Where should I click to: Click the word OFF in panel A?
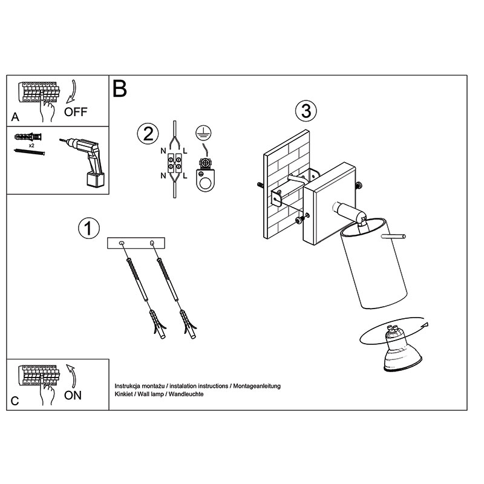coord(76,112)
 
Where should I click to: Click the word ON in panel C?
coord(73,396)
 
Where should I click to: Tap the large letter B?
coord(120,88)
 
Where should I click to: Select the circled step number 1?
coord(89,229)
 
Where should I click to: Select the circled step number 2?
coord(148,134)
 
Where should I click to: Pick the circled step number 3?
coord(306,111)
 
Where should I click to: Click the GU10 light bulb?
coord(401,349)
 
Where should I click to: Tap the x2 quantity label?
coord(31,145)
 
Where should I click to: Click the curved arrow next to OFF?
coord(71,91)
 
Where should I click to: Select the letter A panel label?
coord(15,117)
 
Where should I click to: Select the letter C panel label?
coord(15,401)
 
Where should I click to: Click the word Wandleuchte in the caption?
coord(186,394)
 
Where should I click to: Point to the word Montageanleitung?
coord(257,386)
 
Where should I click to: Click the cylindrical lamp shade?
coord(373,263)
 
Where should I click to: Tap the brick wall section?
coord(286,185)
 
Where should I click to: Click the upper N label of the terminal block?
coord(163,151)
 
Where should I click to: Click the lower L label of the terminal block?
coord(185,176)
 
